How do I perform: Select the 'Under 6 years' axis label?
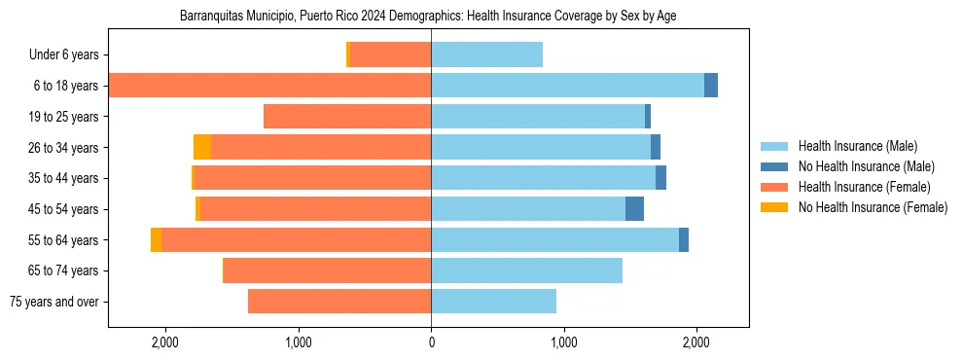(x=63, y=55)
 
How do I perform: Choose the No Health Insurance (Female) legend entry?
(x=873, y=207)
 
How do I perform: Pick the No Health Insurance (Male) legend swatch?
(x=774, y=166)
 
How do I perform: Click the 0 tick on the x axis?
(x=431, y=342)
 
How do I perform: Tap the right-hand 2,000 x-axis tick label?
(x=695, y=342)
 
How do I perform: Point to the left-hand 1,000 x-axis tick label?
(x=299, y=342)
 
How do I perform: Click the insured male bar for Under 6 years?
(x=486, y=55)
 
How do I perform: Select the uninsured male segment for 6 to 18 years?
(x=711, y=86)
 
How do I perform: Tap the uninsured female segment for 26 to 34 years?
(x=202, y=147)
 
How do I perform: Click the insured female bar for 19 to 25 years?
(x=347, y=117)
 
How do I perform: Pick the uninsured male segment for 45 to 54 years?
(x=634, y=209)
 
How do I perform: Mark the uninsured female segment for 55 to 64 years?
(x=156, y=239)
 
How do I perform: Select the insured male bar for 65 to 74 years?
(x=526, y=270)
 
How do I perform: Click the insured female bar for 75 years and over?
(x=339, y=302)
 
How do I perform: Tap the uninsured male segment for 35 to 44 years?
(x=660, y=178)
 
